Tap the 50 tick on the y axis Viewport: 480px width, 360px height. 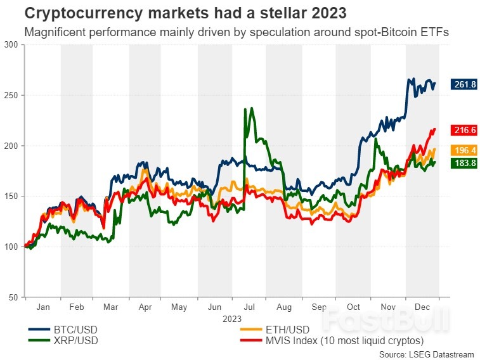[13, 297]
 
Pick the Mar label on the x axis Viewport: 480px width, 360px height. [111, 307]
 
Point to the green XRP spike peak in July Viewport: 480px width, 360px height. [245, 109]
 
